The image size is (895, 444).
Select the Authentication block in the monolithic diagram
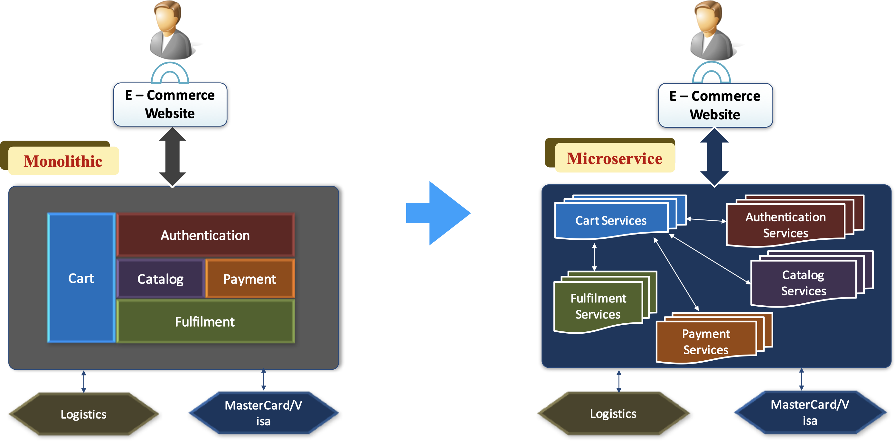tap(205, 235)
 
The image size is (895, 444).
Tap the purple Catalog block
tap(160, 279)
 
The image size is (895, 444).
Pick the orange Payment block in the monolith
tap(250, 279)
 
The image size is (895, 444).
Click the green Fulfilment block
tap(205, 321)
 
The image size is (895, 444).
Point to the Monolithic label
tap(63, 161)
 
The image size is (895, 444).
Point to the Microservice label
tap(614, 158)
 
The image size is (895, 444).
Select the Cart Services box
tap(611, 220)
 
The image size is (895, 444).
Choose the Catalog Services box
tap(803, 282)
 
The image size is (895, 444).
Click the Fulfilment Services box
tap(598, 305)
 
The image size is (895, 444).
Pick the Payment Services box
tap(706, 341)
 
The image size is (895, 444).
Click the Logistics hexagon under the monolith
tap(83, 414)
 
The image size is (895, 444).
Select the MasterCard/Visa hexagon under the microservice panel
tap(810, 412)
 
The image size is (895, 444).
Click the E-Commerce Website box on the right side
tap(715, 105)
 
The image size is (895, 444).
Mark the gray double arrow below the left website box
tap(172, 157)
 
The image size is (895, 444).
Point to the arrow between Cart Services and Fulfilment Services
tap(594, 257)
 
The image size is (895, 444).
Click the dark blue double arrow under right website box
tap(714, 157)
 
